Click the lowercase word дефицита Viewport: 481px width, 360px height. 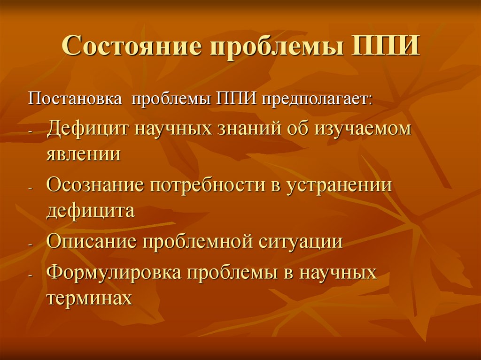[x=91, y=210]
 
